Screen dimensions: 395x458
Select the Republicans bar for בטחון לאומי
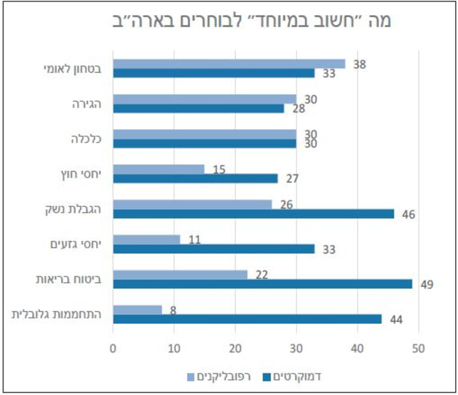[228, 63]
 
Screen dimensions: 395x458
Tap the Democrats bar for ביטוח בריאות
[262, 284]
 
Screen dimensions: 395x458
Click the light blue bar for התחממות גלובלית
[137, 309]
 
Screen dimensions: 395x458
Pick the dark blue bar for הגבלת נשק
[253, 214]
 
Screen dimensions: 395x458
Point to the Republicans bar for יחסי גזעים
[146, 239]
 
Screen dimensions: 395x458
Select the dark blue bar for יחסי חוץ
[195, 179]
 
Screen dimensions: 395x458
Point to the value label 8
[174, 310]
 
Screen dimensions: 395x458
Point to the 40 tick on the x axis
[358, 348]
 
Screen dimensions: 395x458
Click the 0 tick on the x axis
[113, 348]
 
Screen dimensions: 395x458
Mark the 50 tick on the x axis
[419, 348]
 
